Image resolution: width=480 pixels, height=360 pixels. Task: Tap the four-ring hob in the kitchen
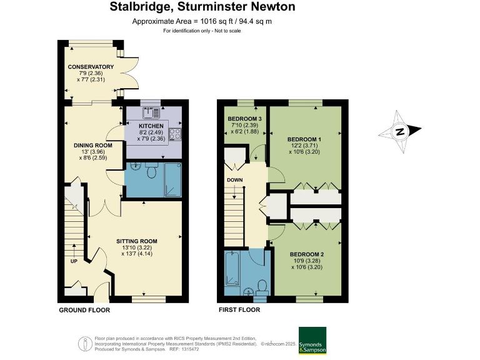coord(176,134)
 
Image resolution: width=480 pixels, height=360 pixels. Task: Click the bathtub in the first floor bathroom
coord(232,269)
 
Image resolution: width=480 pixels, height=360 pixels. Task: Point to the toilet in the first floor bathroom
coord(262,287)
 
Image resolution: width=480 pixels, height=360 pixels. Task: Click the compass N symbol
coord(398,131)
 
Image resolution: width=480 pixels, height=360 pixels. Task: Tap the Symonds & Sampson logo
coord(312,340)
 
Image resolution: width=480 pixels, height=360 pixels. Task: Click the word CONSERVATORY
coord(91,67)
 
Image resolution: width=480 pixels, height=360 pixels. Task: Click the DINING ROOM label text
coord(93,146)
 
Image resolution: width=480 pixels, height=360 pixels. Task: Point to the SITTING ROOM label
coord(137,241)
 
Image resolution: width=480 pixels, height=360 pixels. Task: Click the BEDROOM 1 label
coord(304,139)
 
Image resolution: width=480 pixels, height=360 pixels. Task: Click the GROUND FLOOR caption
coord(84,310)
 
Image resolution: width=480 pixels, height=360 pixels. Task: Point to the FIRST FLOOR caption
coord(239,310)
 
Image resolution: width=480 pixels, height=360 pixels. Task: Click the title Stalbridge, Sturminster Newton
coord(202,7)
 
